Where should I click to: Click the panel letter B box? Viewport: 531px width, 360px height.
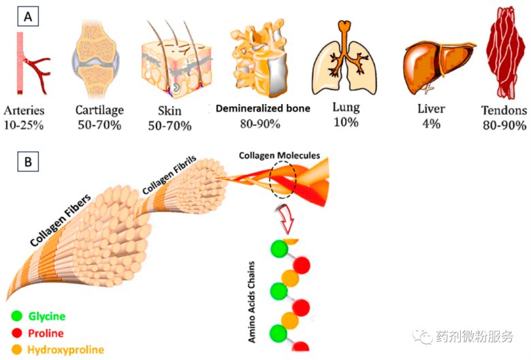[28, 163]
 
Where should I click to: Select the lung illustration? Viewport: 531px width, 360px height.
[347, 60]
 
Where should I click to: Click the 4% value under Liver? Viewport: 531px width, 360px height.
[432, 124]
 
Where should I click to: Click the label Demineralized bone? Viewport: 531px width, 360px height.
[263, 108]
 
